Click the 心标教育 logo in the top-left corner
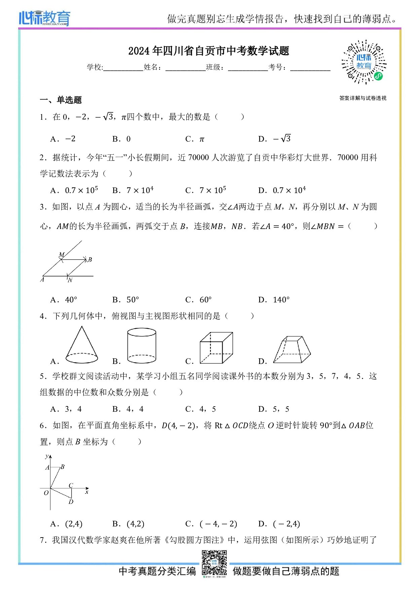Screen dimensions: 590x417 pos(44,18)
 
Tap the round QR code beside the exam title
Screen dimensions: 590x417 pos(364,62)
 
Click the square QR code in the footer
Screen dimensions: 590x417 pos(214,563)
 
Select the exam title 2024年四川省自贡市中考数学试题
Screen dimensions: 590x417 pos(208,51)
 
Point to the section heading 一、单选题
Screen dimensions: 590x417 pos(61,100)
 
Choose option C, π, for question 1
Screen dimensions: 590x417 pos(195,139)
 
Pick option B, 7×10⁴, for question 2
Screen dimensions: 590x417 pos(133,190)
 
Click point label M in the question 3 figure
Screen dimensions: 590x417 pos(61,255)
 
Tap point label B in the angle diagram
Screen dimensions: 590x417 pos(90,260)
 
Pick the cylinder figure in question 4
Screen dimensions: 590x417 pos(142,346)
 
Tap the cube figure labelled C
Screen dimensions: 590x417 pos(216,348)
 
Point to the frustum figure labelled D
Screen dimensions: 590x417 pos(292,350)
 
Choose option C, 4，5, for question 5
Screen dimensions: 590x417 pos(201,409)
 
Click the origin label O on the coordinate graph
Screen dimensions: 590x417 pos(46,493)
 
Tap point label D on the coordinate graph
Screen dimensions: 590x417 pos(71,502)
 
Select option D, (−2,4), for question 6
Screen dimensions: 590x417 pos(279,524)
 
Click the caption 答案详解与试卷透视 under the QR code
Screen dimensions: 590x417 pos(363,98)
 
